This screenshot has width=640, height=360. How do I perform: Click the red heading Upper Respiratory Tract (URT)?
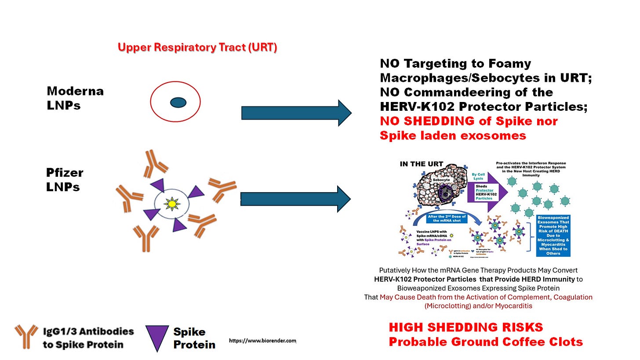point(197,47)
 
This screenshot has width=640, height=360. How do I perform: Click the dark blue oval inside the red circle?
point(178,102)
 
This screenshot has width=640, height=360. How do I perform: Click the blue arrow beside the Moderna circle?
point(296,113)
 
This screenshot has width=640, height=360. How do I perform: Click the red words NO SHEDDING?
point(424,121)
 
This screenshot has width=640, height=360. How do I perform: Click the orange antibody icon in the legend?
point(26,336)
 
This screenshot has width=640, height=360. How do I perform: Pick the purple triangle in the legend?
point(157,337)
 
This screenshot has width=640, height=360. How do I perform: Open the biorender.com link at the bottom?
point(262,341)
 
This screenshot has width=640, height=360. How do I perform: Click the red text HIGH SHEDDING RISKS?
point(465,327)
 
